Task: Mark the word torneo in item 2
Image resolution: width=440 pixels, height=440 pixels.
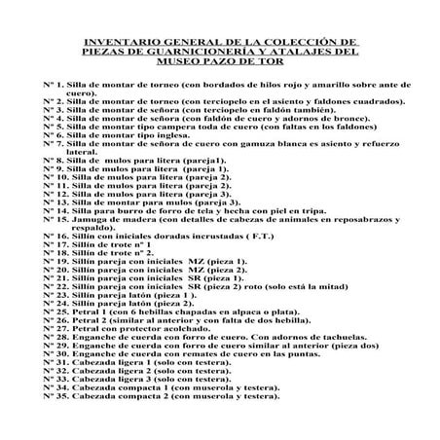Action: (x=174, y=101)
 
